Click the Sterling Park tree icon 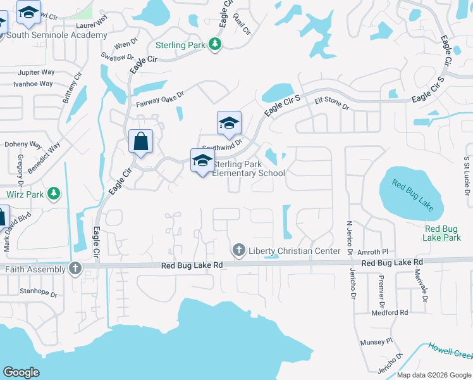click(x=216, y=44)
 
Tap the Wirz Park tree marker click(x=54, y=193)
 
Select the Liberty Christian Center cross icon click(x=239, y=251)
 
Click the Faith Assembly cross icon click(x=75, y=269)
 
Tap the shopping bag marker click(x=141, y=141)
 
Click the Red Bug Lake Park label click(x=443, y=233)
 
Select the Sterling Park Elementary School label click(x=249, y=168)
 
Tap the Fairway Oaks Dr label click(x=159, y=98)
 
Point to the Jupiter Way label click(x=35, y=72)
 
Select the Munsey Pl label click(x=376, y=342)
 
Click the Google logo click(x=21, y=372)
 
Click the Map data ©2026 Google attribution click(x=433, y=375)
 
